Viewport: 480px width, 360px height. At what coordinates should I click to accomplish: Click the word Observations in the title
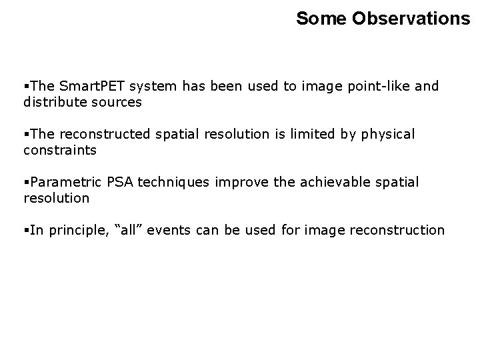[411, 19]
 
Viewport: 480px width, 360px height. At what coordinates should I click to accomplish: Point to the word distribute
[54, 102]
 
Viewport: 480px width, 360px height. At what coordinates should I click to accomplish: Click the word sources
[118, 102]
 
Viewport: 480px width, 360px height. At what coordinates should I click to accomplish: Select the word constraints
[59, 150]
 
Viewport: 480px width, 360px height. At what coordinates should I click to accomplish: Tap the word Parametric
[61, 183]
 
